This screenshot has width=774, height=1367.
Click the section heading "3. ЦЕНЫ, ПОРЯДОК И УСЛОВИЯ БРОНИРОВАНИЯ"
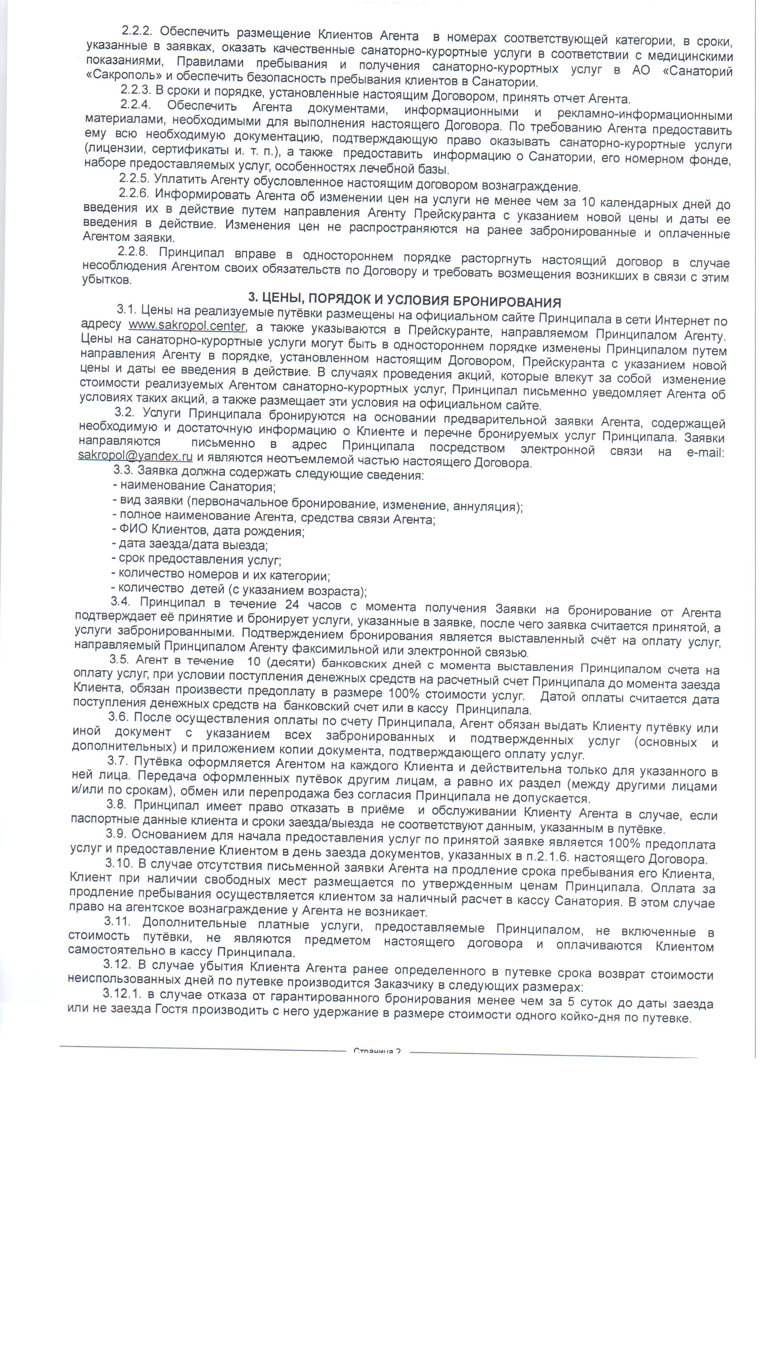(x=405, y=299)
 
